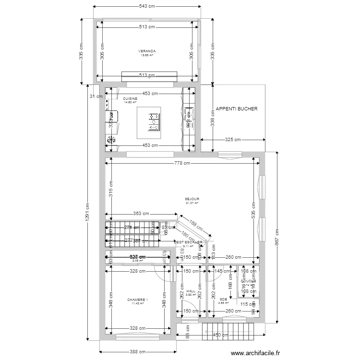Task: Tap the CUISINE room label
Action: tap(130, 98)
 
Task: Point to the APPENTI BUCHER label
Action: tap(237, 109)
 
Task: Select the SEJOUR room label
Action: tap(192, 199)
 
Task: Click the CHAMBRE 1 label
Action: tap(137, 300)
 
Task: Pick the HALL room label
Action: tap(191, 291)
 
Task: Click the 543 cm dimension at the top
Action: tap(147, 6)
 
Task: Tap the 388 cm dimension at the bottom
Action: tap(137, 351)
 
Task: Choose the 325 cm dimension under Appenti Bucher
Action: tap(232, 140)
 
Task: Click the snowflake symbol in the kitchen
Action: tap(111, 140)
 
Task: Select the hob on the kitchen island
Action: tap(155, 122)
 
